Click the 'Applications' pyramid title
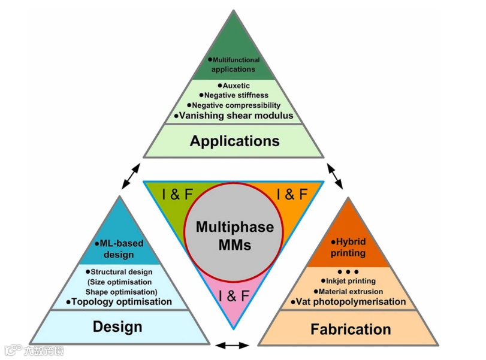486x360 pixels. coord(234,141)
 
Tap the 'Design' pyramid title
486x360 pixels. coord(117,326)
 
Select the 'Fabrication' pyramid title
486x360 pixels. coord(351,329)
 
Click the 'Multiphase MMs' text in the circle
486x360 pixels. coord(234,236)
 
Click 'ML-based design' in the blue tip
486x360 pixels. coord(117,249)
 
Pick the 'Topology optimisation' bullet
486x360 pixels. coord(119,302)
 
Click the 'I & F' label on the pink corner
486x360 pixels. coord(234,296)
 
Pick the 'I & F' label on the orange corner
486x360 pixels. coord(292,195)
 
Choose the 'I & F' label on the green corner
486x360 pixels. coord(177,195)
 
